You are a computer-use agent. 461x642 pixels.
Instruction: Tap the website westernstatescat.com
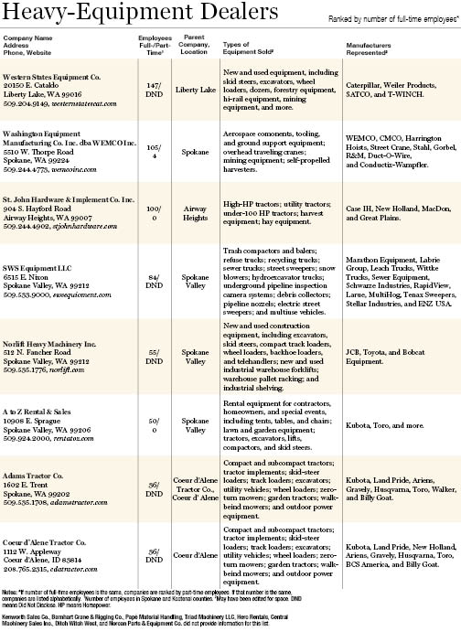tap(90, 105)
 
